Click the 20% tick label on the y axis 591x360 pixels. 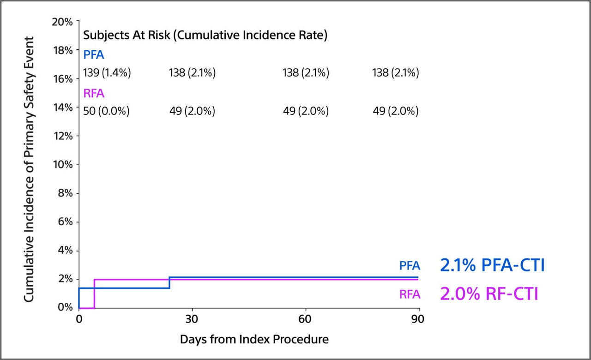pyautogui.click(x=62, y=22)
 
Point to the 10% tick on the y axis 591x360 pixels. pyautogui.click(x=62, y=165)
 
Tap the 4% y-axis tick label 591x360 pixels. pyautogui.click(x=65, y=251)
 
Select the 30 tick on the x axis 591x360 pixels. pyautogui.click(x=192, y=319)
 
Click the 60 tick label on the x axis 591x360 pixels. pyautogui.click(x=306, y=319)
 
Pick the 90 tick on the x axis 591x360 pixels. pyautogui.click(x=418, y=319)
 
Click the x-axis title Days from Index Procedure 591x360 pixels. pyautogui.click(x=254, y=340)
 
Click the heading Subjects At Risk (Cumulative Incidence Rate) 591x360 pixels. pyautogui.click(x=205, y=36)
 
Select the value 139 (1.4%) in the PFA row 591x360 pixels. pyautogui.click(x=107, y=73)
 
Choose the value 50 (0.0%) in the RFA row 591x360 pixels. pyautogui.click(x=106, y=111)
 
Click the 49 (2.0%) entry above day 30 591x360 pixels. pyautogui.click(x=192, y=111)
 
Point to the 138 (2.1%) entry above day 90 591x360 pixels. pyautogui.click(x=396, y=73)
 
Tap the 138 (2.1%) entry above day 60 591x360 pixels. pyautogui.click(x=306, y=73)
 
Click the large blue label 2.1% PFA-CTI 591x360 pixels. pyautogui.click(x=492, y=266)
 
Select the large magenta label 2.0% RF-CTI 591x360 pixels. pyautogui.click(x=489, y=294)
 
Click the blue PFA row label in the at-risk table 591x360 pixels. pyautogui.click(x=94, y=55)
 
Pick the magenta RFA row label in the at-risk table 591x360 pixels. pyautogui.click(x=94, y=94)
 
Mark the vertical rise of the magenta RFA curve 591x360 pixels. pyautogui.click(x=94, y=294)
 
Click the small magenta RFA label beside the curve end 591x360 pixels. pyautogui.click(x=410, y=294)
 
